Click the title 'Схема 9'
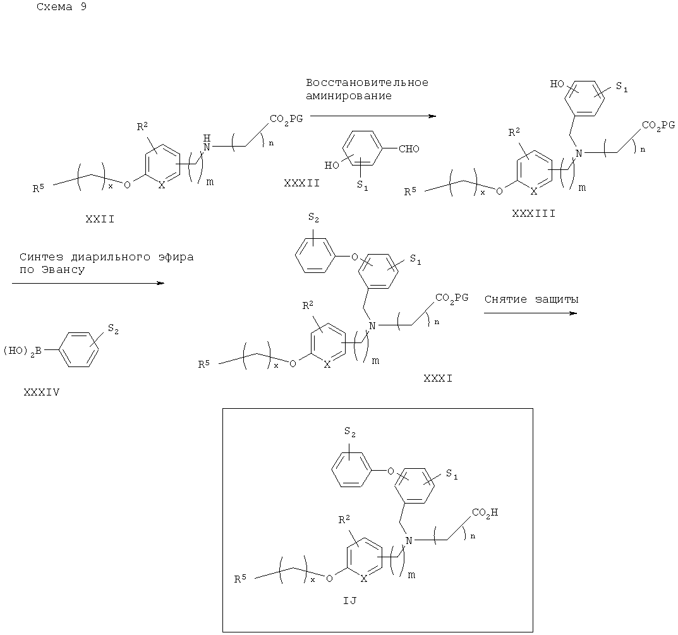click(61, 7)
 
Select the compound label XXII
click(100, 219)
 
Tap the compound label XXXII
click(302, 183)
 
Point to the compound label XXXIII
click(533, 213)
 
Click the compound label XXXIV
click(42, 392)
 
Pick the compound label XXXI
click(438, 378)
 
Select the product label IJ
click(350, 600)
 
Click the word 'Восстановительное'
click(367, 83)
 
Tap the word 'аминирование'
click(349, 95)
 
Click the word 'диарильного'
click(111, 257)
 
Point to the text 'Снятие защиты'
click(531, 299)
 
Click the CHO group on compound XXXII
click(409, 148)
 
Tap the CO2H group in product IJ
click(485, 512)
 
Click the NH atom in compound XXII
click(207, 143)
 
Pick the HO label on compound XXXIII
click(557, 83)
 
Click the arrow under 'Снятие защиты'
click(531, 313)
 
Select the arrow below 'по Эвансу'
click(88, 283)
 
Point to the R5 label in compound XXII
click(39, 188)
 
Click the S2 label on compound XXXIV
click(113, 329)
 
